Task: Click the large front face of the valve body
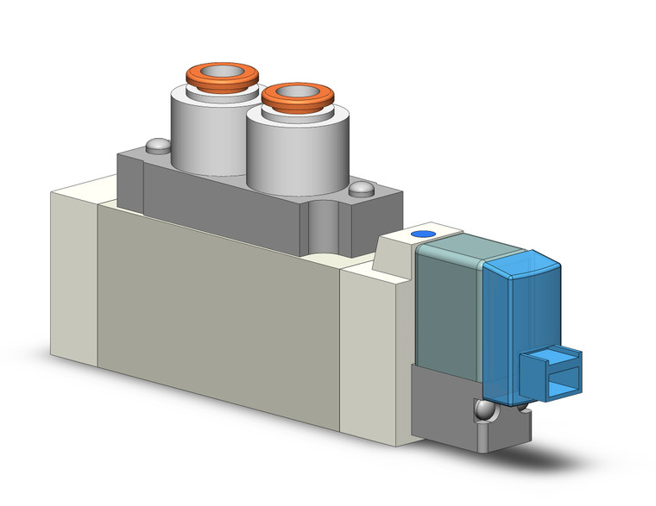[216, 302]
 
